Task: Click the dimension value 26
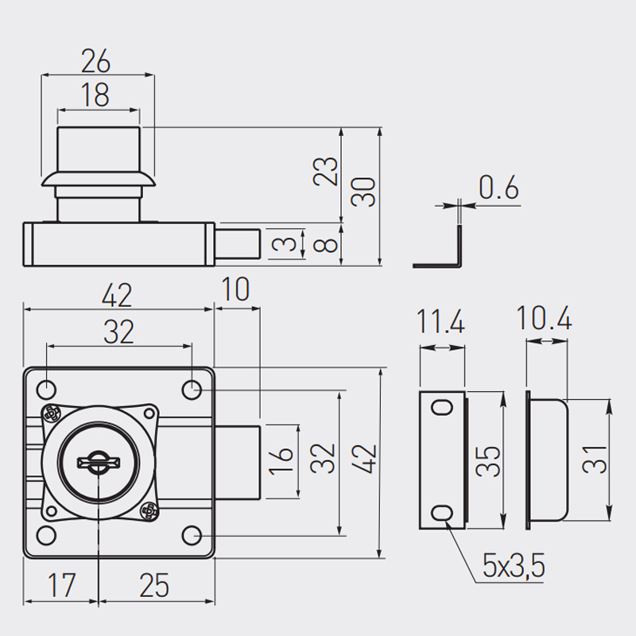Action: coord(95,61)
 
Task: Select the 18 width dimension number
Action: coord(95,95)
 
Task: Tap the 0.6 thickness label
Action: coord(498,188)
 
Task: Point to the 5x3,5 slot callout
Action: coord(514,566)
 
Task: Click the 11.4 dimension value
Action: coord(441,322)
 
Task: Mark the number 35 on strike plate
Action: coord(488,461)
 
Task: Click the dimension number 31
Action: coord(594,460)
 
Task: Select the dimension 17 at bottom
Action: coord(61,585)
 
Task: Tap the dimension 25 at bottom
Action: coord(154,585)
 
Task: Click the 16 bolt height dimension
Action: coord(281,461)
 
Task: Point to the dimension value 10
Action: coord(235,289)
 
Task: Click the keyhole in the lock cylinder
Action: coord(98,463)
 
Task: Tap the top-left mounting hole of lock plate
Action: coord(46,390)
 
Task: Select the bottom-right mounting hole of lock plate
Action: coord(192,535)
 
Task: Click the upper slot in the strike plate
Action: coord(442,407)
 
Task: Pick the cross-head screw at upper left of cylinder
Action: coord(51,414)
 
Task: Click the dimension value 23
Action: coord(325,171)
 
